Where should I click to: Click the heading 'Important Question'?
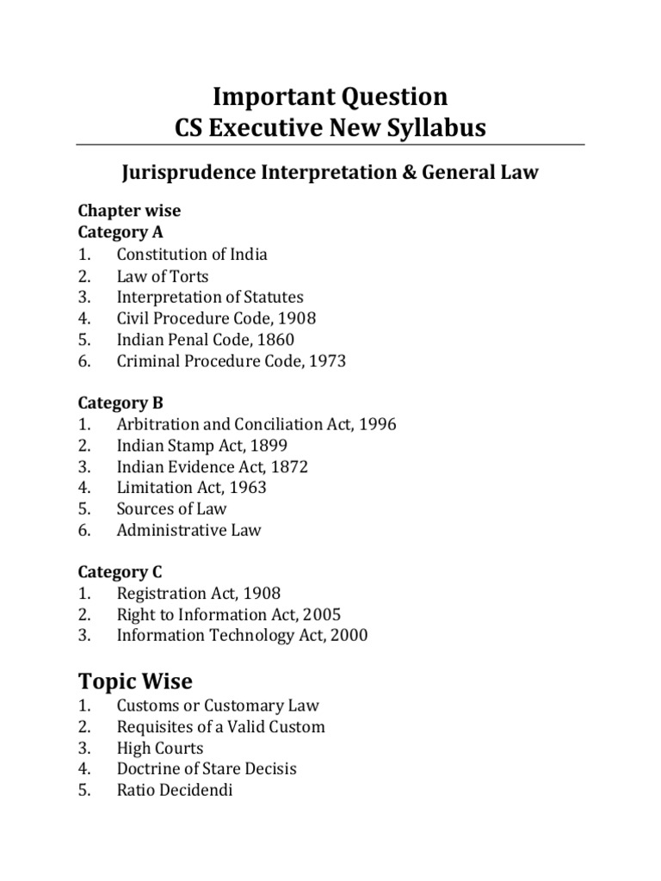point(330,95)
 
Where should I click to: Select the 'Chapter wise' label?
point(129,211)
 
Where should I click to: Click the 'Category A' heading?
point(120,232)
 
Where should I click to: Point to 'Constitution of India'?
point(192,254)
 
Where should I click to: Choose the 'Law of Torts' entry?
point(163,275)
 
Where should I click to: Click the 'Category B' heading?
point(120,403)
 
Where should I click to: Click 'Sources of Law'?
point(171,508)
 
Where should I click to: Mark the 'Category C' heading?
point(120,572)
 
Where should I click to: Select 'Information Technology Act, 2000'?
point(242,636)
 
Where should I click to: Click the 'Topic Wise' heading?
point(135,682)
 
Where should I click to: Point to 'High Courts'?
point(160,748)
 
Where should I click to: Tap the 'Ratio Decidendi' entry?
point(175,790)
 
